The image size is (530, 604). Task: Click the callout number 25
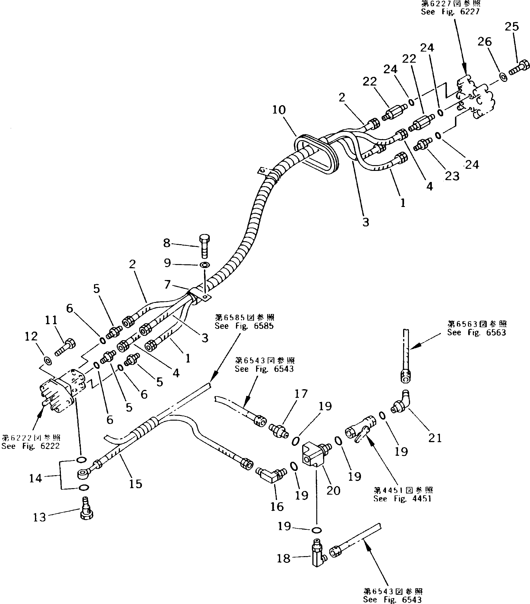click(x=511, y=27)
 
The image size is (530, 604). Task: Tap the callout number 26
click(x=484, y=42)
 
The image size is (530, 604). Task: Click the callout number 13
click(x=39, y=517)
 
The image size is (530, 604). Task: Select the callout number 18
click(x=283, y=558)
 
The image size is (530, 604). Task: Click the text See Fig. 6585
click(x=244, y=326)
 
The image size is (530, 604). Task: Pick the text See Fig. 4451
click(x=402, y=499)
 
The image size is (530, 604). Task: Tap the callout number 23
click(x=452, y=176)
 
